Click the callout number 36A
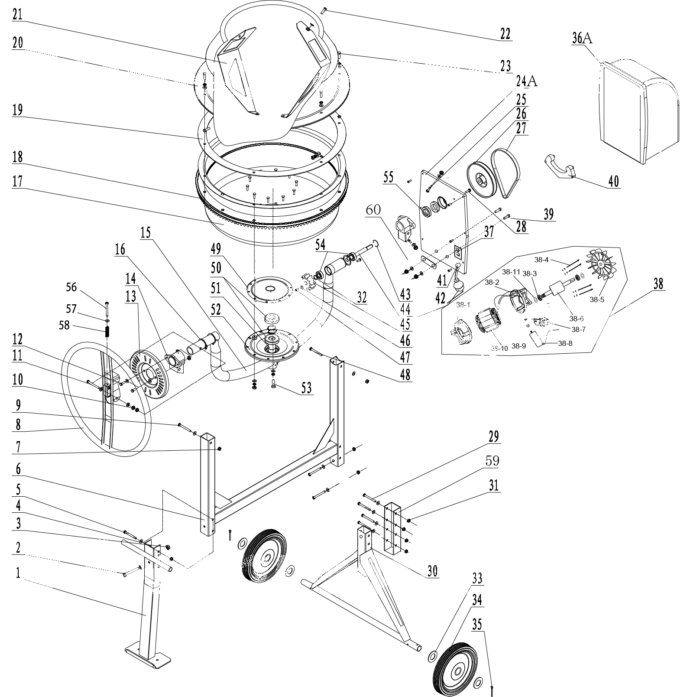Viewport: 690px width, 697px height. (x=582, y=38)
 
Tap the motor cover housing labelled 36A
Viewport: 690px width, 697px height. (x=638, y=112)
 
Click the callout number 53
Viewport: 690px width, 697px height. (x=306, y=387)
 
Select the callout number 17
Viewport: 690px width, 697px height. (x=18, y=182)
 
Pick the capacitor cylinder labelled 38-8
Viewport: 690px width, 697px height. (x=537, y=338)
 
